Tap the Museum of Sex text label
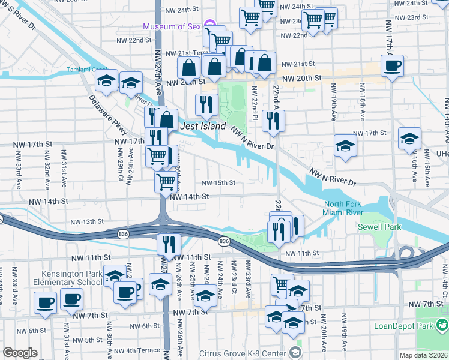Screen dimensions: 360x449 (x=173, y=26)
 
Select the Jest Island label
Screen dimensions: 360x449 (x=203, y=127)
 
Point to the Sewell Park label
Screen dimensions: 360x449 (x=375, y=227)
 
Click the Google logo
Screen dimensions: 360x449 (x=20, y=353)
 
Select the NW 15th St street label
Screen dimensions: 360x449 (x=218, y=183)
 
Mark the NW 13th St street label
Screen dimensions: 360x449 (x=87, y=221)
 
